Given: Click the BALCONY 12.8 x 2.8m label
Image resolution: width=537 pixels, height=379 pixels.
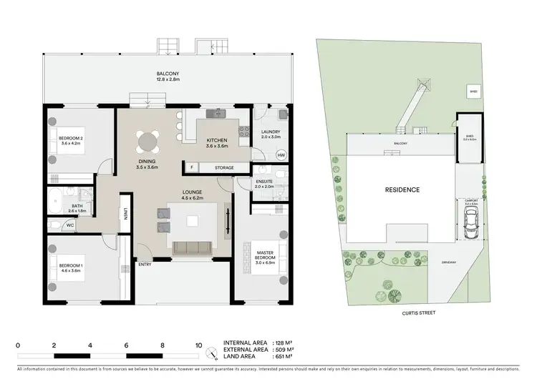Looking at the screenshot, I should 168,76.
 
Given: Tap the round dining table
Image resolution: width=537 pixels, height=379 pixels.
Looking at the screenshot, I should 148,140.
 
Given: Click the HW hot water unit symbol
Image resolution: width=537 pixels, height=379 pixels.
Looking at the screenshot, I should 281,155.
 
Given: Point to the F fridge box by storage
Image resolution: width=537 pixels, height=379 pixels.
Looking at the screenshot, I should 192,167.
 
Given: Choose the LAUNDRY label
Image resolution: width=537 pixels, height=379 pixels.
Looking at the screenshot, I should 271,133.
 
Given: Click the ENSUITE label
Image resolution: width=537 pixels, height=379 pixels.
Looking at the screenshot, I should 263,184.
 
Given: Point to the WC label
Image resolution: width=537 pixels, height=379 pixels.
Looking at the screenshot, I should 70,225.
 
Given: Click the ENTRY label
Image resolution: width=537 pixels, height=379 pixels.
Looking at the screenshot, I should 145,264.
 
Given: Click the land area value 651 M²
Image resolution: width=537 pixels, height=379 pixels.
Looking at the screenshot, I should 285,359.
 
